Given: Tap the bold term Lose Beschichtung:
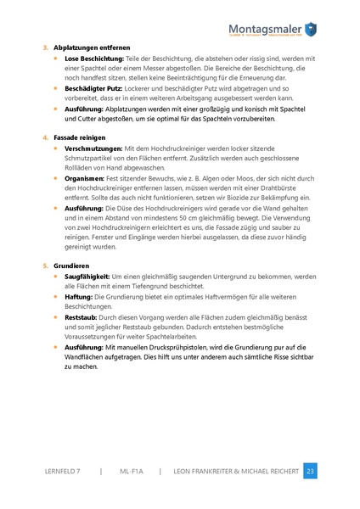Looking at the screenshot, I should point(93,58).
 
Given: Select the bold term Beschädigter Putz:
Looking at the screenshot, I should point(94,87).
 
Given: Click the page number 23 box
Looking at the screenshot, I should point(310,470).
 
